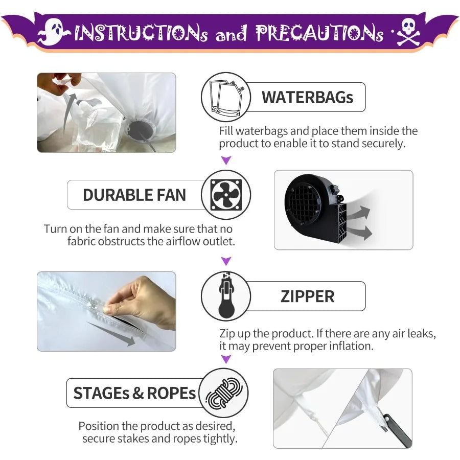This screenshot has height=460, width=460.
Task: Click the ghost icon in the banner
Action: [x=54, y=32]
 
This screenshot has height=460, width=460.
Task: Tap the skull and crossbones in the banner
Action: [x=408, y=32]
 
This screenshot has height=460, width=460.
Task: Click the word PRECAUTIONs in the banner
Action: [x=319, y=33]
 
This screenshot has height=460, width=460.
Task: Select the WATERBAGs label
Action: [x=307, y=98]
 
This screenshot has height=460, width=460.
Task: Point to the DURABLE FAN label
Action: [x=134, y=195]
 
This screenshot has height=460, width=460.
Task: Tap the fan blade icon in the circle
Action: [x=226, y=195]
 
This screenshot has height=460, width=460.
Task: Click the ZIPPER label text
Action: [x=307, y=296]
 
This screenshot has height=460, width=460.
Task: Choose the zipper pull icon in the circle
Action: [x=226, y=296]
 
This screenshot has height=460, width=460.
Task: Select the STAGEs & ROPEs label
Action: [x=134, y=393]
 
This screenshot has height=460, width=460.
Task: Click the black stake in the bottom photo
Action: [x=397, y=430]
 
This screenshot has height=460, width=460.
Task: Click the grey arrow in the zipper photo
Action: [x=111, y=334]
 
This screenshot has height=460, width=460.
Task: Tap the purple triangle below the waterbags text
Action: [x=226, y=160]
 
